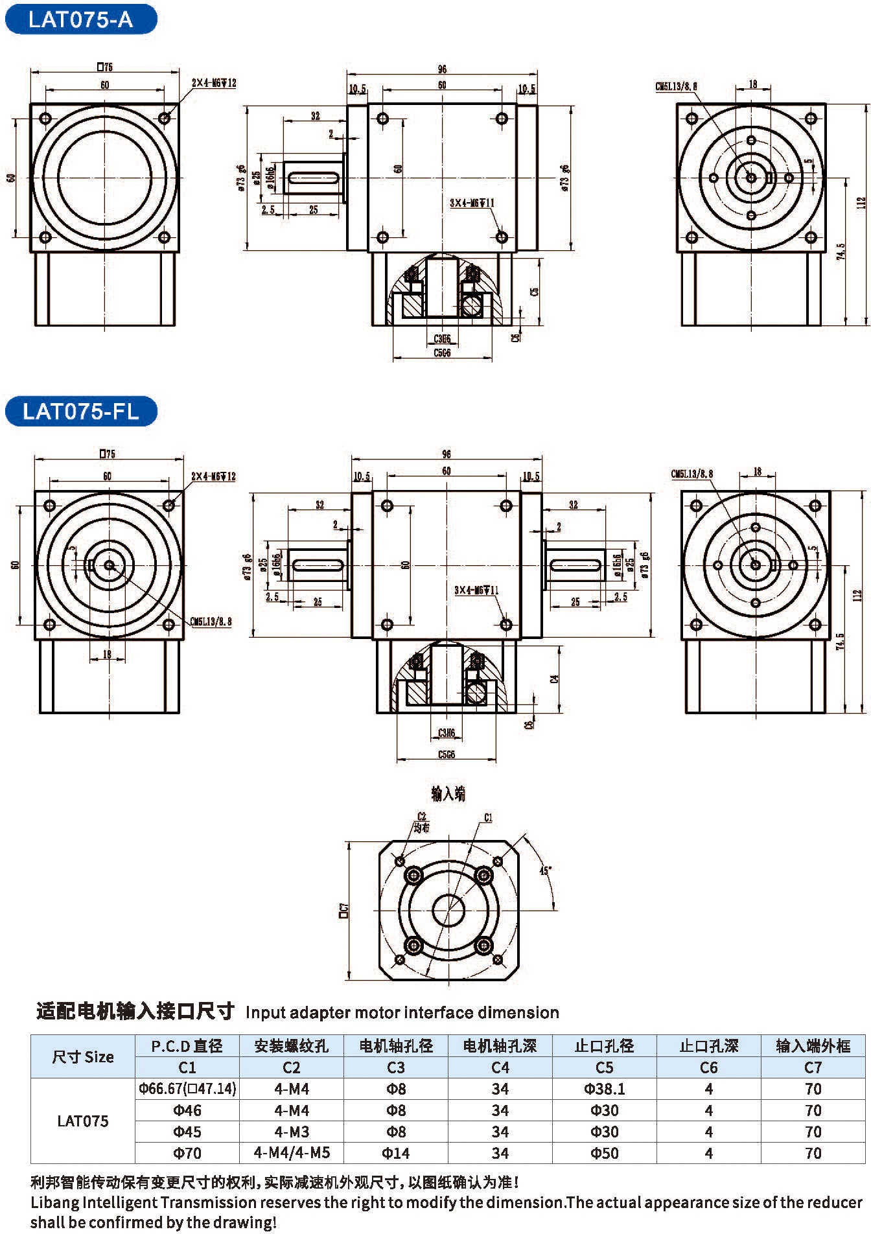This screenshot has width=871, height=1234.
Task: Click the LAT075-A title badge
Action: point(80,19)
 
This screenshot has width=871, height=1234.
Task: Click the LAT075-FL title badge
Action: point(80,412)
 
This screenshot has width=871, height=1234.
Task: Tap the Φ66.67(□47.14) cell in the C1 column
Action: point(187,1089)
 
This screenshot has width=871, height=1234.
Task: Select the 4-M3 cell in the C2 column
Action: point(292,1132)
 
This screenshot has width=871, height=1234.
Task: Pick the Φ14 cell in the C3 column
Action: point(395,1153)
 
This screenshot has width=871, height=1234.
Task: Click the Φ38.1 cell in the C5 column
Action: point(604,1089)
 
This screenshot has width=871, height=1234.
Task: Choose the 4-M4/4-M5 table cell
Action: point(292,1153)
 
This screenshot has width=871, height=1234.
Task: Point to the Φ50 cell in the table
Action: point(604,1153)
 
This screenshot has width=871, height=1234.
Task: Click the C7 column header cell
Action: point(813,1067)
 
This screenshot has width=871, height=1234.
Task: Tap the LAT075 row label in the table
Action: point(83,1121)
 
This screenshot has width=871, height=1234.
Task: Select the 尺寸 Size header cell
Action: point(83,1056)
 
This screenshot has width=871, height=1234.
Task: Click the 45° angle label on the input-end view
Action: point(545,870)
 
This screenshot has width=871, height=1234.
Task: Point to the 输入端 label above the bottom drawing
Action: point(448,794)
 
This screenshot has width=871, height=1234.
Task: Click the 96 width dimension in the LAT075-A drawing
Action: point(442,69)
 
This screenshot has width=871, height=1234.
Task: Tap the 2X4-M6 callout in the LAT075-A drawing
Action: point(214,83)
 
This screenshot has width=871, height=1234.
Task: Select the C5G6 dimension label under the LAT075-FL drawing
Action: point(447,754)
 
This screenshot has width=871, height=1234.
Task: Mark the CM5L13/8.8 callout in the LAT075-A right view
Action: point(676,86)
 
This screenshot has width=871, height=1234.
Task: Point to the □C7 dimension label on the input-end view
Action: point(344,911)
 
